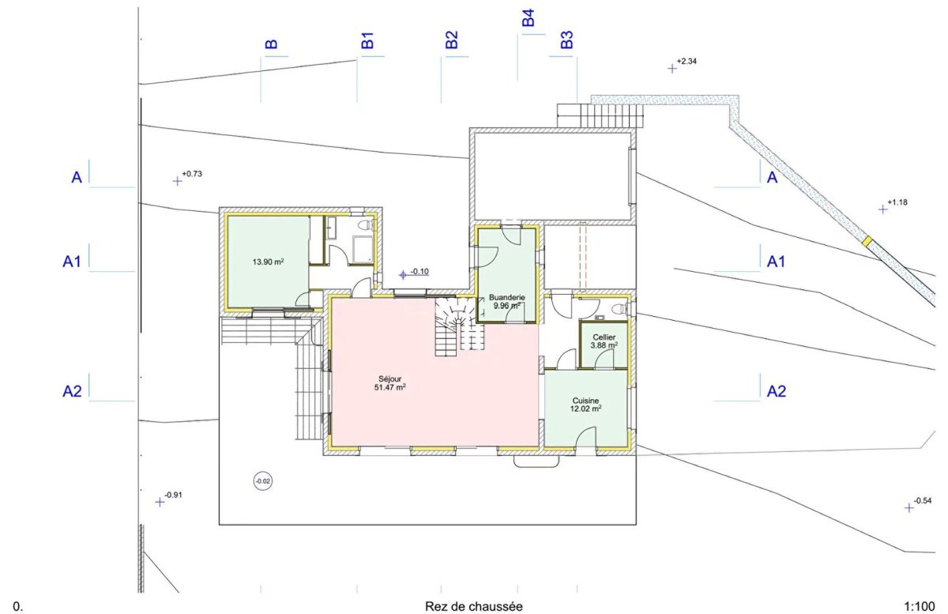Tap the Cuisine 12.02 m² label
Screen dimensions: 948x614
[x=585, y=405]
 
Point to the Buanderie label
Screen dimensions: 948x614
[x=507, y=297]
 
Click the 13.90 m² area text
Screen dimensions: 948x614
[x=268, y=262]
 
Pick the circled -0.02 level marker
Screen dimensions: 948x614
[x=263, y=481]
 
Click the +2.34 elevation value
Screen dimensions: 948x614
[x=687, y=62]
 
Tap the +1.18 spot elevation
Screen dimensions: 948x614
[x=897, y=202]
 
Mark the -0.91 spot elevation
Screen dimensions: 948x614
[x=173, y=495]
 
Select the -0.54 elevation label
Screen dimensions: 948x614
[x=923, y=501]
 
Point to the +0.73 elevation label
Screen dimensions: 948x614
[x=192, y=174]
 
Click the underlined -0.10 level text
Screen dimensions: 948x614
[x=419, y=271]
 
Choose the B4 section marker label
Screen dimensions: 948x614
[x=529, y=18]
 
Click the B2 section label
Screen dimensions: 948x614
[x=452, y=40]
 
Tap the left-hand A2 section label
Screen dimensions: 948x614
[x=72, y=391]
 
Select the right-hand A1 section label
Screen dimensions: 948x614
[x=776, y=262]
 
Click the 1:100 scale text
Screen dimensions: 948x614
[x=920, y=607]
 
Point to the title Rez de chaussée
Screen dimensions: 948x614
[x=473, y=607]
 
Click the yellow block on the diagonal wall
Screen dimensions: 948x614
[x=867, y=241]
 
